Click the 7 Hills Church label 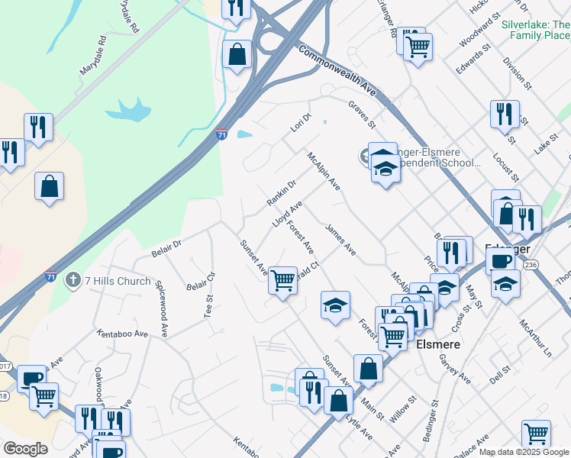pyautogui.click(x=118, y=281)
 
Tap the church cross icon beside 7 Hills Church pyautogui.click(x=73, y=281)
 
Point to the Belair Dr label pyautogui.click(x=166, y=246)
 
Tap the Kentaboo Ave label pyautogui.click(x=122, y=334)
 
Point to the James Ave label pyautogui.click(x=340, y=238)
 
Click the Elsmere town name pyautogui.click(x=439, y=344)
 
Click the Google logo pyautogui.click(x=25, y=449)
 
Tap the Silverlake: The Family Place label pyautogui.click(x=535, y=30)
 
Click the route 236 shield pyautogui.click(x=531, y=263)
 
